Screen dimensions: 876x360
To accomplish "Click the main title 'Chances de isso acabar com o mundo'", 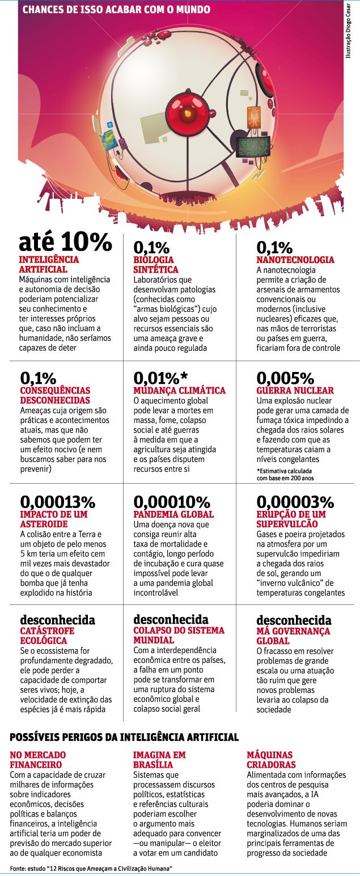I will pyautogui.click(x=116, y=10).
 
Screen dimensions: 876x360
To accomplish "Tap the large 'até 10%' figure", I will pyautogui.click(x=65, y=242).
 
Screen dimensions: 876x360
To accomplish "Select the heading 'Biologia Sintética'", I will pyautogui.click(x=156, y=265).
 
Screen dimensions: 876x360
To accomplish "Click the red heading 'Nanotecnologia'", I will pyautogui.click(x=295, y=260).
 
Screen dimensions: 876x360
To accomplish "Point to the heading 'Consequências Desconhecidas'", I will pyautogui.click(x=55, y=395).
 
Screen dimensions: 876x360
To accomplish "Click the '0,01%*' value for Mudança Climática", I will pyautogui.click(x=160, y=378).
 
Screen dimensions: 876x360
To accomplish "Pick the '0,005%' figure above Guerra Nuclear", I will pyautogui.click(x=285, y=378).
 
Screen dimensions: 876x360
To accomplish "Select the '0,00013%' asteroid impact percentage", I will pyautogui.click(x=58, y=502).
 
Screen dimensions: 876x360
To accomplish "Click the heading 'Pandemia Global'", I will pyautogui.click(x=173, y=514).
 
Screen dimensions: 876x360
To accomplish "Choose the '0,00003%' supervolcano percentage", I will pyautogui.click(x=295, y=502).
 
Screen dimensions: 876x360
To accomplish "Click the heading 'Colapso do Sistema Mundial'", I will pyautogui.click(x=179, y=635).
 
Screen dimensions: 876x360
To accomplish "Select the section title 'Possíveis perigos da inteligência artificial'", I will pyautogui.click(x=124, y=737).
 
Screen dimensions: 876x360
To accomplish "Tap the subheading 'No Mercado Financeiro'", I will pyautogui.click(x=39, y=760).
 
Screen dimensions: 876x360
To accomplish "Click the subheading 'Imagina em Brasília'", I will pyautogui.click(x=159, y=760).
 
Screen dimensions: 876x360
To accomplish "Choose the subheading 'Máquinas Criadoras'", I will pyautogui.click(x=270, y=760).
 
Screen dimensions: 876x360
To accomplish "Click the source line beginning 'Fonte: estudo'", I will pyautogui.click(x=91, y=869).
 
